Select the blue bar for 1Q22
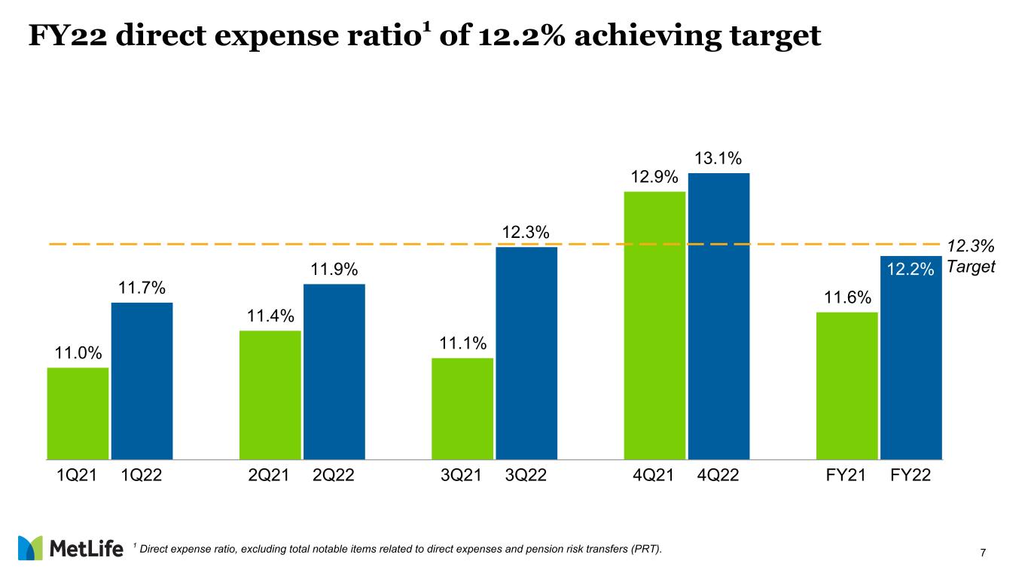click(142, 380)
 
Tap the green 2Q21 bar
click(270, 395)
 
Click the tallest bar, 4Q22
click(718, 315)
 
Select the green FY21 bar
click(847, 385)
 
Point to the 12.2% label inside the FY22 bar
click(911, 269)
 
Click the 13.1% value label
click(718, 159)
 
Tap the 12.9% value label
click(654, 177)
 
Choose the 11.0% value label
click(78, 353)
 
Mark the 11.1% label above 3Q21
click(462, 343)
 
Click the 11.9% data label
click(334, 270)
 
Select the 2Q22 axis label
click(334, 475)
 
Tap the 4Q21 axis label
click(654, 475)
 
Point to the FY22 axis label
click(911, 475)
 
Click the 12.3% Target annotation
click(971, 257)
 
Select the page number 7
click(984, 553)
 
